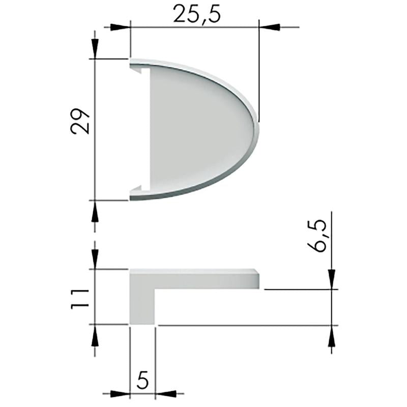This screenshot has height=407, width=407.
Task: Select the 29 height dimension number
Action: [80, 121]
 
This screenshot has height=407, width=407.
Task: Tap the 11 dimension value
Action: [80, 299]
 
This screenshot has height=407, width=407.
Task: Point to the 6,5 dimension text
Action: [316, 236]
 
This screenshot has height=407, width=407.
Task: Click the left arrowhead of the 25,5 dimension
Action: [120, 27]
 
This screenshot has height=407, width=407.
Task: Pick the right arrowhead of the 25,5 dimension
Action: [270, 27]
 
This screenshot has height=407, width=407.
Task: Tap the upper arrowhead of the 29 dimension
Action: [95, 49]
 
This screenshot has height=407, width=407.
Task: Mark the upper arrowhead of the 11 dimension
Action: [95, 259]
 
